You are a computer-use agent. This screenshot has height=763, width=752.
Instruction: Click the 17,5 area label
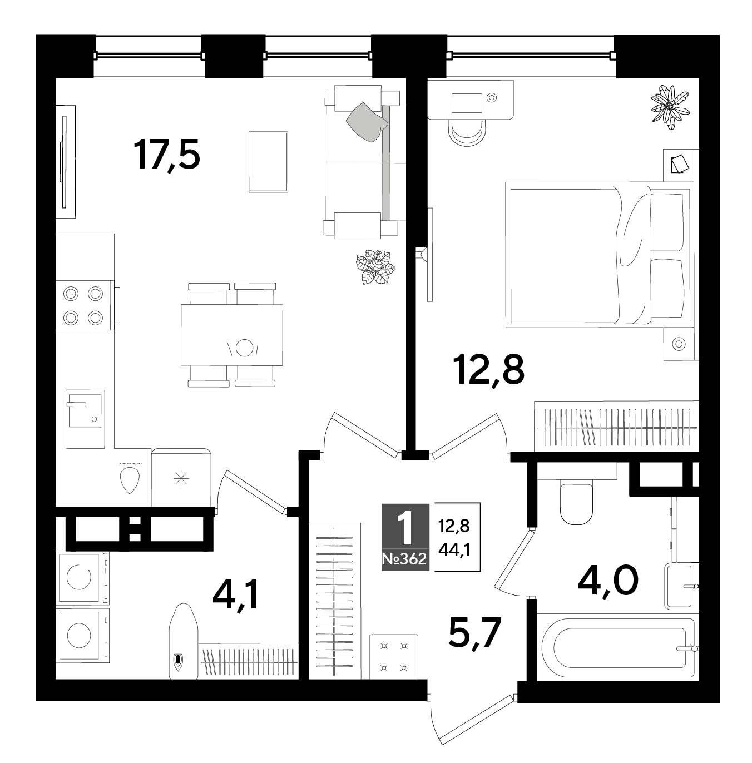(x=167, y=155)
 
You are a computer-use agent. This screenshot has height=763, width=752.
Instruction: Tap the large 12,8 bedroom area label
(x=490, y=370)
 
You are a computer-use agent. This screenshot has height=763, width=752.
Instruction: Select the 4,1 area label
(x=236, y=594)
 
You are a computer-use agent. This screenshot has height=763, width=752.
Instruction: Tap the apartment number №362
(x=405, y=559)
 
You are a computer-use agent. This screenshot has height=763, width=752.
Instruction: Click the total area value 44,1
(x=454, y=550)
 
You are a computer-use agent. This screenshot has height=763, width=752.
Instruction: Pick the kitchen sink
(x=85, y=419)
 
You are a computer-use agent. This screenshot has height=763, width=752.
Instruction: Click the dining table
(x=232, y=335)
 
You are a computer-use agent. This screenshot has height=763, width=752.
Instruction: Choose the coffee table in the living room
(x=268, y=162)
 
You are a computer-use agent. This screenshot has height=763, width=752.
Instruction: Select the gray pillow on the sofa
(x=367, y=122)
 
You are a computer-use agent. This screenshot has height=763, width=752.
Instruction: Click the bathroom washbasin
(x=681, y=586)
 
